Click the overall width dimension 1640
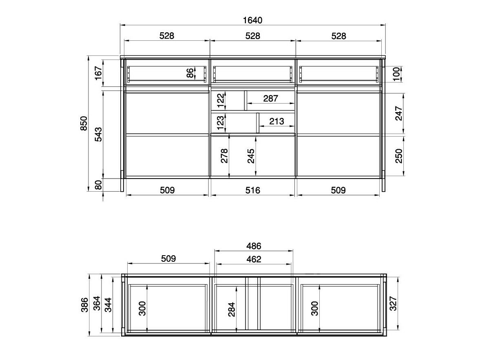(252, 20)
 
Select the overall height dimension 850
(84, 123)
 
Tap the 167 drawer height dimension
(99, 73)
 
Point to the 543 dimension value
(99, 134)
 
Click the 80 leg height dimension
(98, 185)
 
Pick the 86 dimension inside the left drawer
(190, 73)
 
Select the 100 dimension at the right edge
(396, 74)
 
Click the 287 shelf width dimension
(271, 99)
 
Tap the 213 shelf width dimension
(277, 121)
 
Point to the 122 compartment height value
(221, 101)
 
